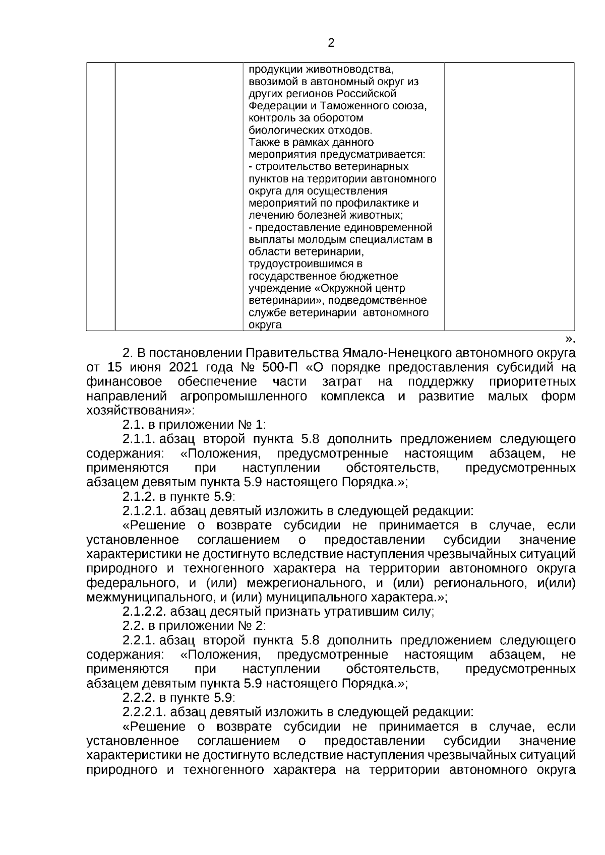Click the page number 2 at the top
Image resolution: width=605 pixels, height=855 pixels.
(x=331, y=43)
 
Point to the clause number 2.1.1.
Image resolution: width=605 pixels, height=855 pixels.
(x=139, y=439)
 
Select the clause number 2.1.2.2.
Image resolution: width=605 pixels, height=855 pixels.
(x=144, y=612)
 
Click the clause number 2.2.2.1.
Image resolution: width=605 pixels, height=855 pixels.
(x=144, y=712)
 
